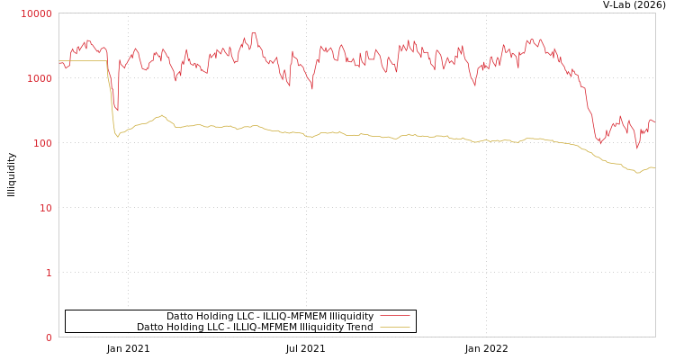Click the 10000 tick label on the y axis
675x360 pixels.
pos(37,13)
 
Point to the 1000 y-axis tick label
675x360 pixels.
pos(40,78)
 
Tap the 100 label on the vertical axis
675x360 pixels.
pos(42,143)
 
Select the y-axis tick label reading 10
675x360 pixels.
pos(45,208)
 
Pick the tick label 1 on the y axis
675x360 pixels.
pos(49,273)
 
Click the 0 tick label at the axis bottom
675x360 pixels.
pos(49,337)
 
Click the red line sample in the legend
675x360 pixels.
pos(394,316)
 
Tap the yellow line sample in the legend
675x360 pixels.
pos(394,327)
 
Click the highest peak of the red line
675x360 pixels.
pos(254,33)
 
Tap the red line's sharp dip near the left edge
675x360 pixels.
pos(117,110)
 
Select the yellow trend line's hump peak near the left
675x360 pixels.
pos(162,115)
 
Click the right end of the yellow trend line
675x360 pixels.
pos(654,167)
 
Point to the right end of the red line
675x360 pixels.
pos(654,121)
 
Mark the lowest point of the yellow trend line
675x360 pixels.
pos(638,172)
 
